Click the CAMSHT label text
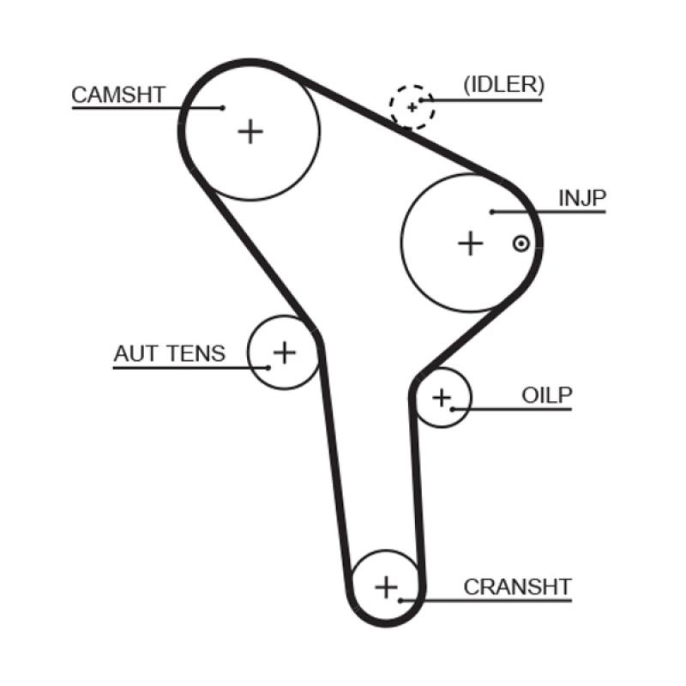click(117, 94)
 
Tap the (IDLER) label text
click(503, 85)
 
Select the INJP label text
click(582, 199)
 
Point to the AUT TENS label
click(169, 353)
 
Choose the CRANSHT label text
click(517, 587)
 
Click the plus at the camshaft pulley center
click(250, 131)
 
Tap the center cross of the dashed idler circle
click(412, 107)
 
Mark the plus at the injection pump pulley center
click(470, 244)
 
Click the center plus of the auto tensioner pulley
click(283, 352)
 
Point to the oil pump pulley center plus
click(441, 397)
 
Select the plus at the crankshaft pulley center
click(388, 587)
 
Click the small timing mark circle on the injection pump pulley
click(520, 244)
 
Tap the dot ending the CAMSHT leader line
click(222, 108)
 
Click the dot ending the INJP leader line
click(492, 212)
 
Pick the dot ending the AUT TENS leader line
click(268, 367)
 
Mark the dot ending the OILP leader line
click(449, 409)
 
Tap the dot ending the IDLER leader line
click(420, 101)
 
